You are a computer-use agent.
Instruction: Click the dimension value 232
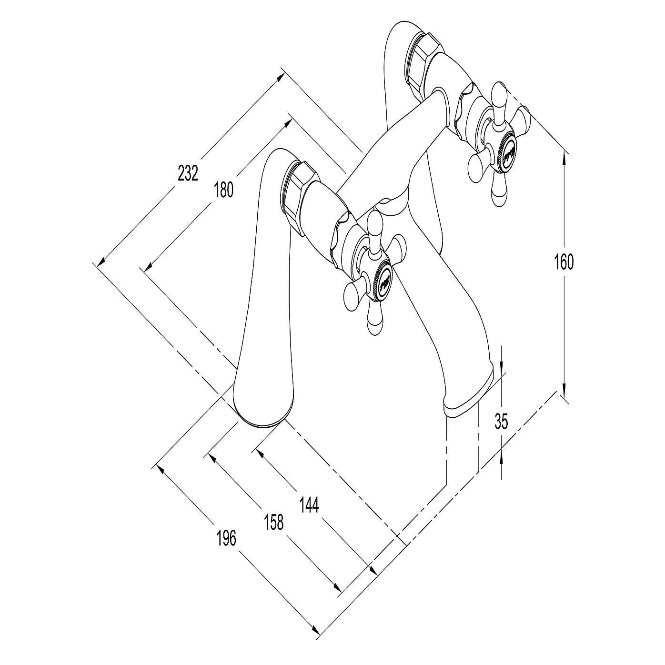click(188, 173)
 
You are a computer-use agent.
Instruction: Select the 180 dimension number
click(223, 190)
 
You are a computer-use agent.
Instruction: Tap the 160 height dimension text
click(564, 262)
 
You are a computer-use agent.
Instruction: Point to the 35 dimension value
click(501, 421)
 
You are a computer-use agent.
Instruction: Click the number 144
click(309, 505)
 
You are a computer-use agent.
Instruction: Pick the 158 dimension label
click(274, 522)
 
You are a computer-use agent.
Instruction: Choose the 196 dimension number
click(226, 538)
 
